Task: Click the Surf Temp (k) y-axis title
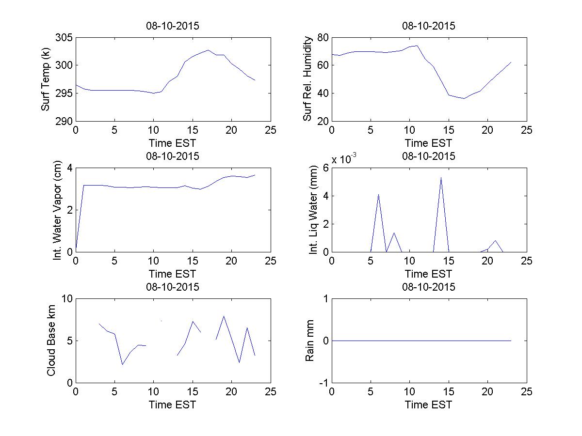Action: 46,79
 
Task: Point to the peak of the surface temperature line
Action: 208,50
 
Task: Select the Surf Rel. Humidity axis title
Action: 307,79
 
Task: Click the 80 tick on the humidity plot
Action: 323,38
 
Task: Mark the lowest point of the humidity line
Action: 464,98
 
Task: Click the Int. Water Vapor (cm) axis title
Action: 59,210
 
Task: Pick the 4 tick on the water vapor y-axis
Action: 69,168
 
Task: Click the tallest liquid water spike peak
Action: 441,177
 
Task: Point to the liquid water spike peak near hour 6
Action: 378,194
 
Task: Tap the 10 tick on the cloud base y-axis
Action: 67,299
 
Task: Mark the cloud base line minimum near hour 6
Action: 122,364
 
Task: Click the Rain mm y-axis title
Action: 309,341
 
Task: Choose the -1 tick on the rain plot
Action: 322,383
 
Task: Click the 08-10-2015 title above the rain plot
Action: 429,287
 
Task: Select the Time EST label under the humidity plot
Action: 429,143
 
